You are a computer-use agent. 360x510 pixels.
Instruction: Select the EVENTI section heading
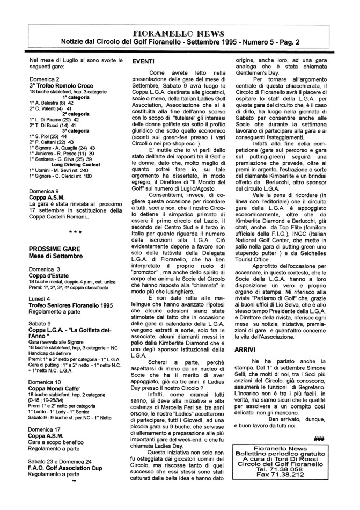tap(144, 63)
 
